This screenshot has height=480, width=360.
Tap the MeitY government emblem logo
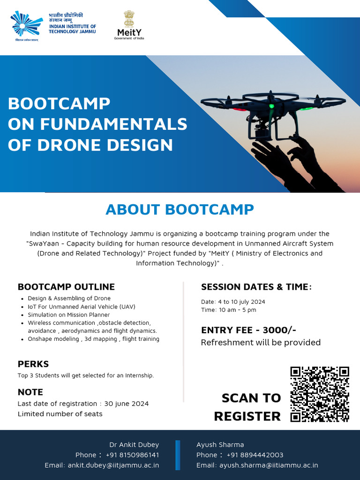point(129,25)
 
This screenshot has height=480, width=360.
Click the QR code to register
point(320,394)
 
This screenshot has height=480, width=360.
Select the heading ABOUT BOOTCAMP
point(180,209)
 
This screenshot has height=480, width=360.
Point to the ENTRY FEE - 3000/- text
point(248,330)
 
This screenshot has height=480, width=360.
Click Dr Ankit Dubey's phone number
point(132,455)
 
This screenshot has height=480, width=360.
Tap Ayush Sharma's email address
point(269,465)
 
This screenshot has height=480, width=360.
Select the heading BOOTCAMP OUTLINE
point(66,287)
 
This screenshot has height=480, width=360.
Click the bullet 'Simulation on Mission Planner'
point(68,315)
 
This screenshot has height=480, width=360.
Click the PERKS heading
point(33,364)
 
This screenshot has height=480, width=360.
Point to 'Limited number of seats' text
point(60,414)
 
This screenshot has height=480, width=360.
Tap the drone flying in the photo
point(272,110)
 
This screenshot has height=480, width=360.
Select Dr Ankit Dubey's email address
point(113,465)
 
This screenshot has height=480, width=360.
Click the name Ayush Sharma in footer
point(220,444)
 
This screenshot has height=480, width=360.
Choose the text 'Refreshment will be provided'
point(261,342)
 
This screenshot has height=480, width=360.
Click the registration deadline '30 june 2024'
point(127,404)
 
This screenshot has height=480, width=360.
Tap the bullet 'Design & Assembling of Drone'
point(69,298)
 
